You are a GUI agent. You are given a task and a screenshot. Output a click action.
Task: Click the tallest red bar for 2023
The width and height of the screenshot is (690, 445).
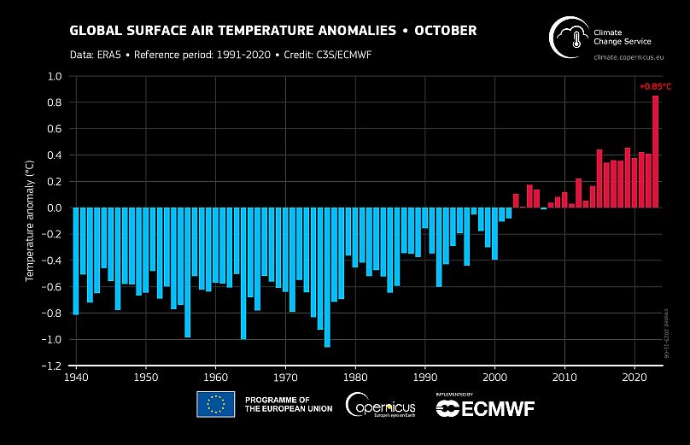click(x=656, y=151)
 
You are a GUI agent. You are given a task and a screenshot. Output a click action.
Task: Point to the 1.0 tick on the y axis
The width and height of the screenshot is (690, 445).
click(x=56, y=77)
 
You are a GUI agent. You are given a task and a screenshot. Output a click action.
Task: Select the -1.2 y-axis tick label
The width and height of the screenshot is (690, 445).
click(x=53, y=366)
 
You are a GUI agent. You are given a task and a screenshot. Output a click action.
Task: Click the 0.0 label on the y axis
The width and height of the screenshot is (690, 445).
click(x=56, y=208)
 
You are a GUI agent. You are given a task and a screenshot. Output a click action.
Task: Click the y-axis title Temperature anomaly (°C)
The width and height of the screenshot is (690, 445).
click(x=30, y=220)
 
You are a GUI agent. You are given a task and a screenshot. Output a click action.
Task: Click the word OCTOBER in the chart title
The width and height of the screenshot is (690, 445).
click(x=445, y=31)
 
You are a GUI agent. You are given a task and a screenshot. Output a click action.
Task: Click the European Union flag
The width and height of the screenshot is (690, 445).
click(x=215, y=405)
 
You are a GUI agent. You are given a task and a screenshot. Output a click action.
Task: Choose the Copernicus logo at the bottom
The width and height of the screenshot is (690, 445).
click(x=381, y=405)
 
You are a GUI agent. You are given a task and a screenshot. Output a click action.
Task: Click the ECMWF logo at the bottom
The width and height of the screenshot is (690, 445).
click(x=485, y=408)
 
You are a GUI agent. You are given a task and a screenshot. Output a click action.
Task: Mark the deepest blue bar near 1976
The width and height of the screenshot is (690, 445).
click(x=327, y=278)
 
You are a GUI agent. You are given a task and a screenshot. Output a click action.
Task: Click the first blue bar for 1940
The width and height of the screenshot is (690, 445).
click(x=76, y=261)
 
